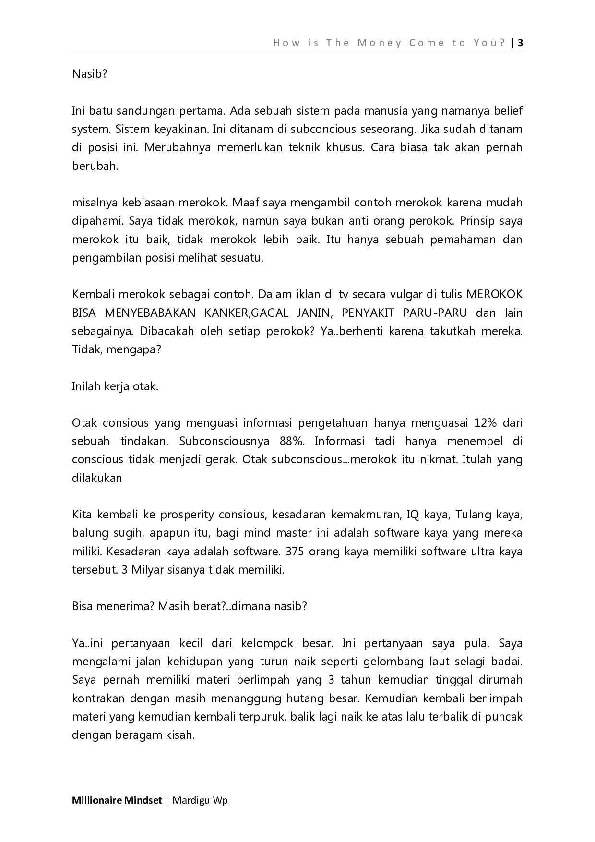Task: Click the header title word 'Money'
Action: pyautogui.click(x=379, y=43)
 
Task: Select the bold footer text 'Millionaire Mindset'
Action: pyautogui.click(x=117, y=800)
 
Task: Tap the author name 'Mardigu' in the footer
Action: pyautogui.click(x=191, y=800)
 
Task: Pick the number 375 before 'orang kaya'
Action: pyautogui.click(x=295, y=551)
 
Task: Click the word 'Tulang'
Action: pyautogui.click(x=472, y=515)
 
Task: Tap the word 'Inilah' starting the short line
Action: pyautogui.click(x=86, y=386)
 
